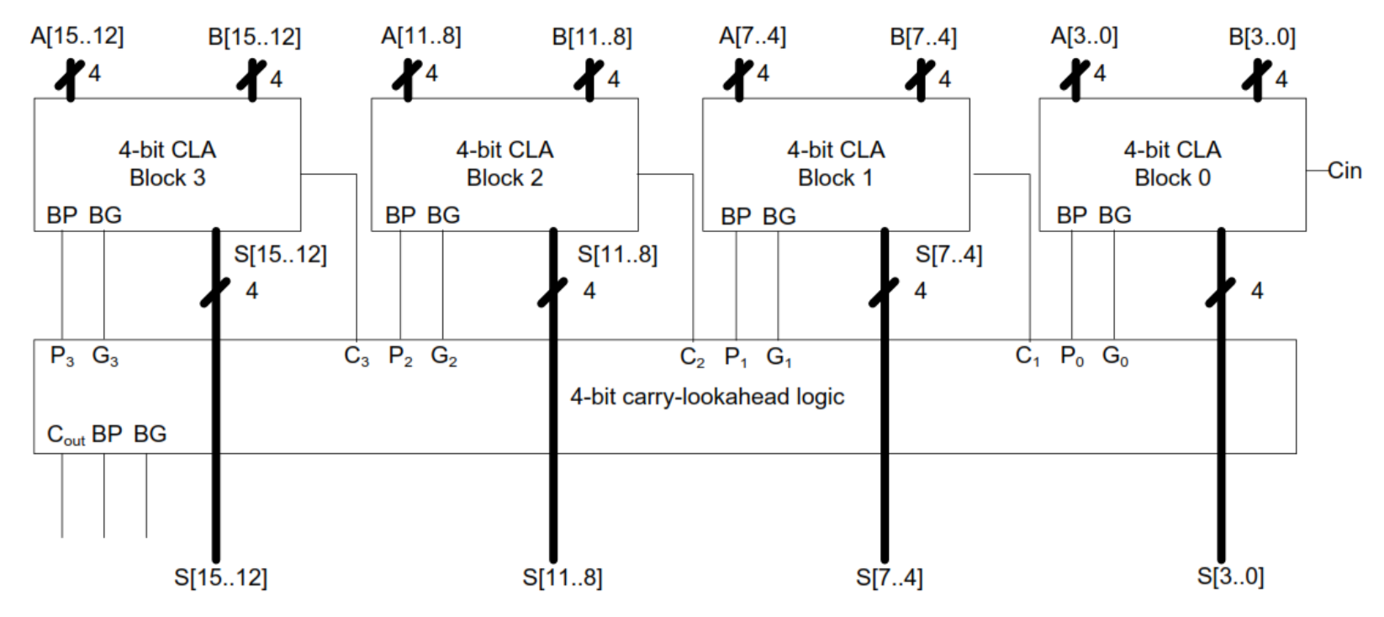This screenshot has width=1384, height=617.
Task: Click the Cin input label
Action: (1344, 171)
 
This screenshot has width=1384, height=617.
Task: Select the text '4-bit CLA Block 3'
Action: (167, 164)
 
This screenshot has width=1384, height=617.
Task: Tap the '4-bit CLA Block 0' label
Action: (1172, 164)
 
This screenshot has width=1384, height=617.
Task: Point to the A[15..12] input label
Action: (77, 36)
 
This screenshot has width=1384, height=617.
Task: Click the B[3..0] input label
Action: (1261, 37)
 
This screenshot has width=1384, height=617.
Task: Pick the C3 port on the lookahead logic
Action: (357, 356)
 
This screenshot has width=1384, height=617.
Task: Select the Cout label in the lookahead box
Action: (66, 435)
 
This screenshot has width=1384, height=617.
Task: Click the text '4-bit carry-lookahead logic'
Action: (707, 397)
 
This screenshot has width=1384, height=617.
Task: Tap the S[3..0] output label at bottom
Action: (1230, 577)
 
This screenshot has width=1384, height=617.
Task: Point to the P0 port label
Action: (1071, 356)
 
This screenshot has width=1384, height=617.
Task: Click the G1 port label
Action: (779, 357)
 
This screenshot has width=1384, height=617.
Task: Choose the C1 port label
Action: (1027, 356)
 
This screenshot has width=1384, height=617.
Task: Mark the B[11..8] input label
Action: (591, 37)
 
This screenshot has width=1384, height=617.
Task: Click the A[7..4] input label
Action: (752, 36)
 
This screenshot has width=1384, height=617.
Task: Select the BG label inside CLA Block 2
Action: (443, 216)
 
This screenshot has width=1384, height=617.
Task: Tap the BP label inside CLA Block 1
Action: (736, 217)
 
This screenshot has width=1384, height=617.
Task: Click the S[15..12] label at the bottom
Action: (220, 577)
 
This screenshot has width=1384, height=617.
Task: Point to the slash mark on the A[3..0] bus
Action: (1075, 77)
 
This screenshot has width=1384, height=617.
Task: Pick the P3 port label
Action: (61, 356)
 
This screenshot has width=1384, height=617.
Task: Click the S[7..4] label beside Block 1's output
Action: (948, 255)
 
